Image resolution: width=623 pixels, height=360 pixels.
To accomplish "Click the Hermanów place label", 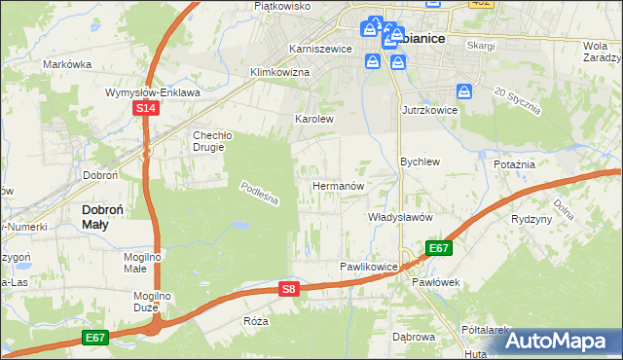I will click(338, 185).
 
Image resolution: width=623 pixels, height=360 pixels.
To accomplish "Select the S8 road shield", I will click(287, 288).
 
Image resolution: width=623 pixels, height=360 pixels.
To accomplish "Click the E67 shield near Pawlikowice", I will click(439, 248).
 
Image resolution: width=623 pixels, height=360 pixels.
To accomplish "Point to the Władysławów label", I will click(399, 217).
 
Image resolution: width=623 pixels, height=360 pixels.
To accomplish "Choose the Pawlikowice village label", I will click(368, 266).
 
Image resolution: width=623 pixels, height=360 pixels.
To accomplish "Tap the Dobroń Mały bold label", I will click(108, 216).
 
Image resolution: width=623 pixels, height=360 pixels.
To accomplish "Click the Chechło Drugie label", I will click(208, 141).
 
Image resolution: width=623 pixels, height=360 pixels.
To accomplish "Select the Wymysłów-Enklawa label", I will click(153, 92).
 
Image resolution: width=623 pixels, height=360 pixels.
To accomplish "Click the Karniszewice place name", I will click(319, 48).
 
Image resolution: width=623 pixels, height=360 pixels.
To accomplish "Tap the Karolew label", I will click(314, 119).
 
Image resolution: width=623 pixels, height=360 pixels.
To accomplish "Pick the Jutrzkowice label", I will click(430, 111).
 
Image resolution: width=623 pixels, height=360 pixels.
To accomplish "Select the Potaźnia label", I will click(515, 164).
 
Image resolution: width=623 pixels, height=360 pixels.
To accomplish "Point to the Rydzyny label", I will click(531, 219).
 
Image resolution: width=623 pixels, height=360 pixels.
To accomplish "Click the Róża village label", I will click(256, 320).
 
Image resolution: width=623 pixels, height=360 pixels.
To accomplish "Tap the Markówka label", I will click(67, 64).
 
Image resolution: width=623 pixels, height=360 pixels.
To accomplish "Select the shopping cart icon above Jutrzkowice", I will click(465, 92).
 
